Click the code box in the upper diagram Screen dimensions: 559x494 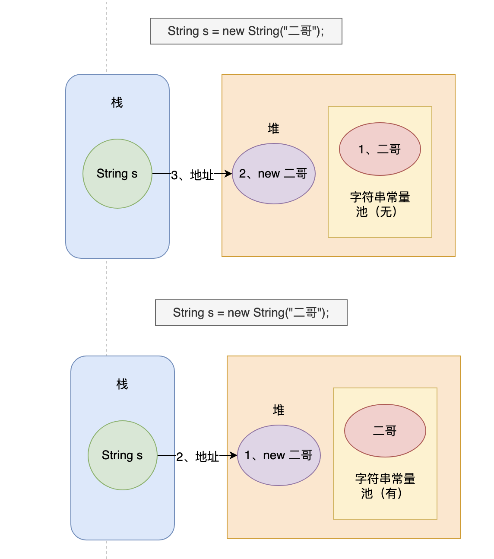pyautogui.click(x=246, y=31)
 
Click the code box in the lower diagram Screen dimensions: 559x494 pyautogui.click(x=251, y=313)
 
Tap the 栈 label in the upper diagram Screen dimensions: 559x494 pyautogui.click(x=117, y=103)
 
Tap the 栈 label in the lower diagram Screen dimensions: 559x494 pyautogui.click(x=122, y=384)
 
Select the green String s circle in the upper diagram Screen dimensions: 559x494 pyautogui.click(x=117, y=174)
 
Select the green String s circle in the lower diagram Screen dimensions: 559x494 pyautogui.click(x=122, y=455)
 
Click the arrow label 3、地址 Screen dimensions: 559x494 pyautogui.click(x=193, y=175)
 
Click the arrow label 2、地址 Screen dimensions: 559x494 pyautogui.click(x=198, y=457)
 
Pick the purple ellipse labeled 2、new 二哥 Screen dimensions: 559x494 pyautogui.click(x=273, y=174)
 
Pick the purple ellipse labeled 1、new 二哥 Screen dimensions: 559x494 pyautogui.click(x=279, y=455)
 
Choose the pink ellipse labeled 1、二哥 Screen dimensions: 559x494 pyautogui.click(x=380, y=149)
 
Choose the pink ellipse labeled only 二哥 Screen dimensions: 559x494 pyautogui.click(x=385, y=431)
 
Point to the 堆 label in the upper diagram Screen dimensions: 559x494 pyautogui.click(x=273, y=128)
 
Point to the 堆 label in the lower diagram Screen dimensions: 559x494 pyautogui.click(x=279, y=410)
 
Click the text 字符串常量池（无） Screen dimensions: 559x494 pyautogui.click(x=380, y=204)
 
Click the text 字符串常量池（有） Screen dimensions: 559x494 pyautogui.click(x=385, y=486)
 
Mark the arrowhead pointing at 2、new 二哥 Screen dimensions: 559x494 pyautogui.click(x=229, y=174)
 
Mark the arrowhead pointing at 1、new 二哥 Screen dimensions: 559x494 pyautogui.click(x=234, y=455)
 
